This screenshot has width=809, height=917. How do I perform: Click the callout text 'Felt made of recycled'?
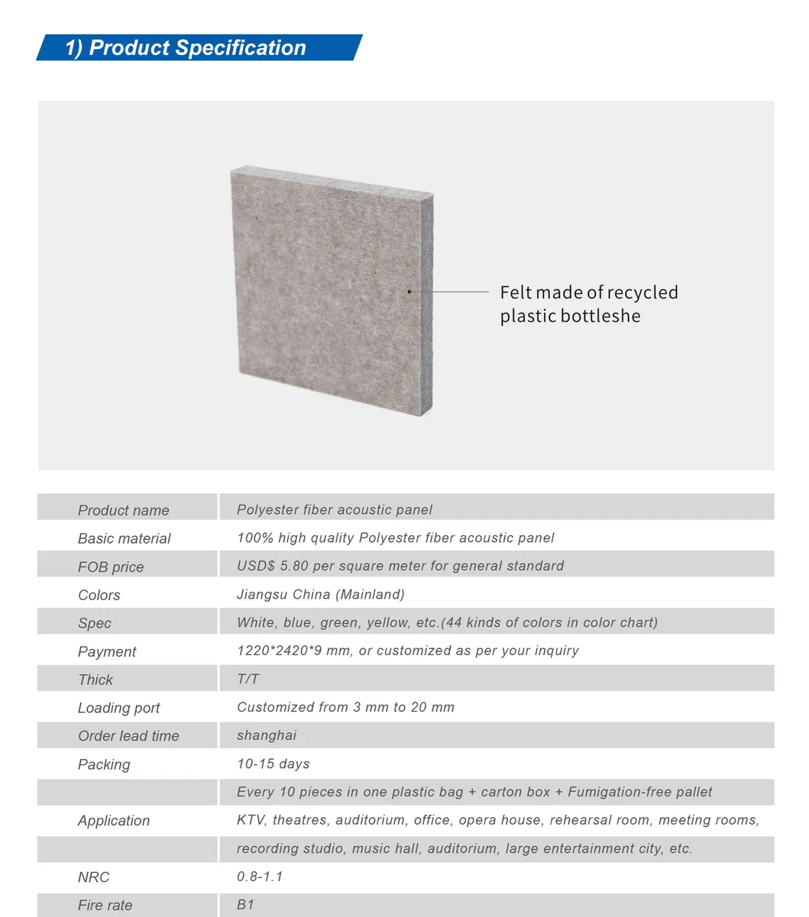pyautogui.click(x=588, y=292)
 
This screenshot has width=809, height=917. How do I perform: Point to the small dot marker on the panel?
pyautogui.click(x=409, y=292)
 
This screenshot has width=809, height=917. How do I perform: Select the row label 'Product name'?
pyautogui.click(x=123, y=510)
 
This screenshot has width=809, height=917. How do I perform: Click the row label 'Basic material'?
pyautogui.click(x=124, y=538)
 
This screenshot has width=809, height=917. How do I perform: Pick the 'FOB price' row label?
pyautogui.click(x=110, y=567)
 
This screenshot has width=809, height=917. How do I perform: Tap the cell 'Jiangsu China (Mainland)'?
pyautogui.click(x=320, y=594)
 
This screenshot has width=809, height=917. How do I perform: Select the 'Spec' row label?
pyautogui.click(x=94, y=623)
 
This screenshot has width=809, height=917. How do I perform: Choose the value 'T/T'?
pyautogui.click(x=248, y=679)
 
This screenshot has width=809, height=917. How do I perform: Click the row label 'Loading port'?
pyautogui.click(x=118, y=708)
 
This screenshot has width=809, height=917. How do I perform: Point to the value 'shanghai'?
pyautogui.click(x=266, y=735)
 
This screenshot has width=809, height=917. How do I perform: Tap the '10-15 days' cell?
pyautogui.click(x=273, y=764)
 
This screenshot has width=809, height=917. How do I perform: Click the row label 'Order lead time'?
pyautogui.click(x=128, y=736)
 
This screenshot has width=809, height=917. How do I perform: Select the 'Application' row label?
pyautogui.click(x=113, y=821)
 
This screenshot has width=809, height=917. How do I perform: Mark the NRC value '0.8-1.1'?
pyautogui.click(x=260, y=877)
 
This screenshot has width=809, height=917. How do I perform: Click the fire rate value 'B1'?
pyautogui.click(x=245, y=905)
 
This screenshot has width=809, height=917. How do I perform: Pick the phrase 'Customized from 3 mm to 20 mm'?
pyautogui.click(x=345, y=707)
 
